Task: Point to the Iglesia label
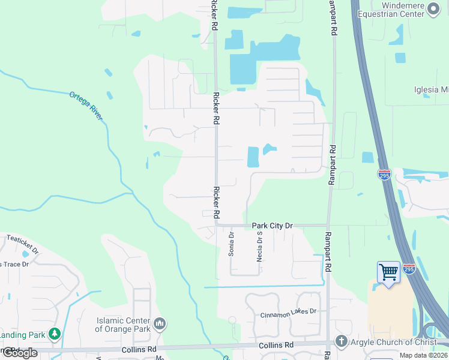[431, 90]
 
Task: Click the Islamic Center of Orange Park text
[123, 325]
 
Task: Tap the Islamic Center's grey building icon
[160, 325]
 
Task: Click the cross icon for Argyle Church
[341, 341]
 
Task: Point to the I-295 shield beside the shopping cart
[409, 268]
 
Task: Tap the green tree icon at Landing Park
[55, 333]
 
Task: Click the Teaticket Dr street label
[22, 244]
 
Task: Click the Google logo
[19, 353]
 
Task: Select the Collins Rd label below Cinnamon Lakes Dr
[276, 346]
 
